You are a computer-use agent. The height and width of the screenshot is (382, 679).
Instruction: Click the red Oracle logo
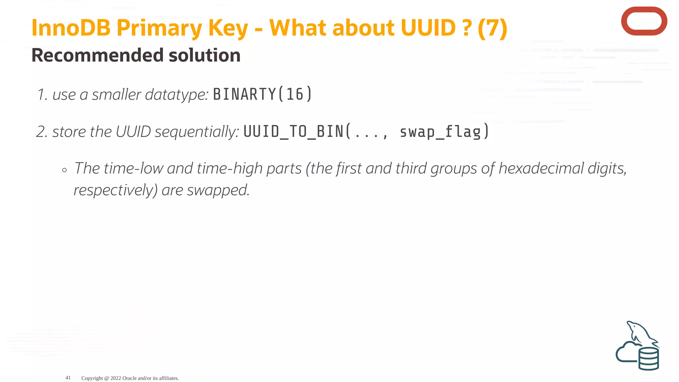tap(644, 21)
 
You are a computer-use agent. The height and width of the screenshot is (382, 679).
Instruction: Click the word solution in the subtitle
tap(205, 55)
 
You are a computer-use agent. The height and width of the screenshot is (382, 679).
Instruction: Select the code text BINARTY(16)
tap(262, 94)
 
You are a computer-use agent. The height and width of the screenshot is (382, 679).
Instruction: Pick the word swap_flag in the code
tap(440, 132)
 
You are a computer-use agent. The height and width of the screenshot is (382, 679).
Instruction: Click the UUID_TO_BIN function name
tap(293, 132)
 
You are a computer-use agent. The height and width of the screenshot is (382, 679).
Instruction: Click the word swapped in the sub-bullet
tap(217, 190)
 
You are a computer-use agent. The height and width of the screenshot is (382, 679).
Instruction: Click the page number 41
tap(68, 378)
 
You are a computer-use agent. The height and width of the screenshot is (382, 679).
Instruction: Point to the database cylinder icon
tap(648, 359)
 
